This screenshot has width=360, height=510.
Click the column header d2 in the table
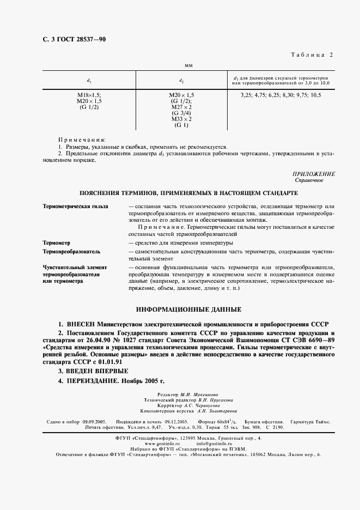(181, 81)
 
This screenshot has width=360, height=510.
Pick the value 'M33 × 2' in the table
(181, 119)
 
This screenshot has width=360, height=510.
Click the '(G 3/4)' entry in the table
(181, 113)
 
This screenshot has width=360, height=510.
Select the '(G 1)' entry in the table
(181, 125)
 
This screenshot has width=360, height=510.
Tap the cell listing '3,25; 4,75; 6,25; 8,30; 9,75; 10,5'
(281, 95)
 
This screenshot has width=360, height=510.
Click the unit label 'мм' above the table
(190, 66)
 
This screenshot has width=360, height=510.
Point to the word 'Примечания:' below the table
(82, 140)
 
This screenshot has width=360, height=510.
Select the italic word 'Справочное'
(309, 180)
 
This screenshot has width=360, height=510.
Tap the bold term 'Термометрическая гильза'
(75, 207)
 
